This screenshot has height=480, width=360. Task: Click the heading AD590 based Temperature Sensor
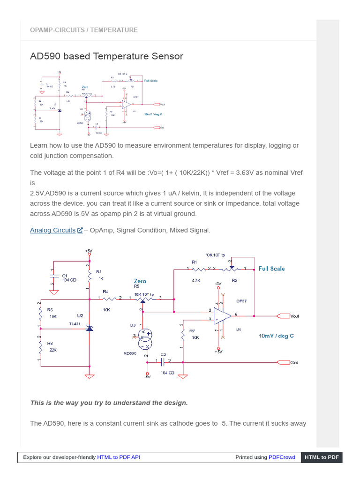click(x=106, y=56)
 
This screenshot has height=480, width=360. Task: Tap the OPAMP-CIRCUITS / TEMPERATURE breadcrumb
click(x=84, y=30)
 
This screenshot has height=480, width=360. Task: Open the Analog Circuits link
click(x=52, y=230)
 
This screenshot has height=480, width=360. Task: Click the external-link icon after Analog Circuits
click(x=80, y=230)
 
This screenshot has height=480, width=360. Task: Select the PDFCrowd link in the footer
click(x=282, y=457)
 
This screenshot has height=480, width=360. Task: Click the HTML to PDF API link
click(x=119, y=457)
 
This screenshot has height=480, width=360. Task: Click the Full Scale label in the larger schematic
click(x=271, y=269)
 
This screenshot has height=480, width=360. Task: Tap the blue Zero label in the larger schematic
click(x=140, y=281)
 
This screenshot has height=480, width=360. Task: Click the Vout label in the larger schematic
click(x=294, y=316)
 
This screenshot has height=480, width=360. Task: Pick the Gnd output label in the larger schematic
click(x=294, y=362)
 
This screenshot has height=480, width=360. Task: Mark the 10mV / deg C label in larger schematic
click(x=276, y=336)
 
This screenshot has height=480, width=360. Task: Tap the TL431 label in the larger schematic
click(x=75, y=324)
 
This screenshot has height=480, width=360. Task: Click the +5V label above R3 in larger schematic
click(x=89, y=251)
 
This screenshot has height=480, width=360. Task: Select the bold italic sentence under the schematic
click(x=109, y=403)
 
